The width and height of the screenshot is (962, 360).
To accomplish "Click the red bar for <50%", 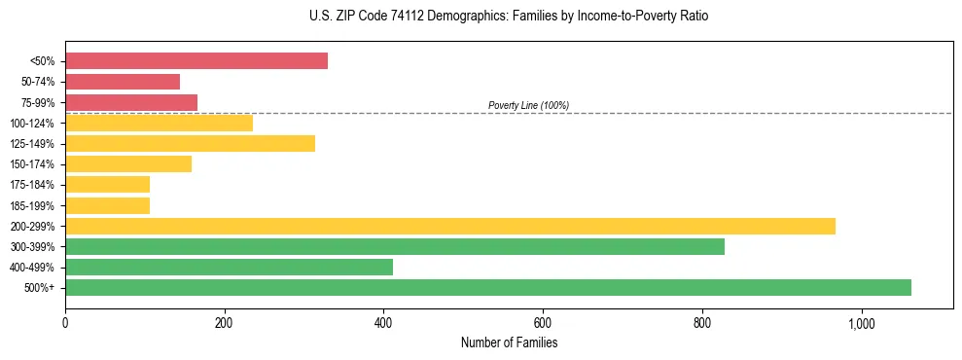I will [x=196, y=61].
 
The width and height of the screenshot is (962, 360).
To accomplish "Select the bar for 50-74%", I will [x=123, y=82].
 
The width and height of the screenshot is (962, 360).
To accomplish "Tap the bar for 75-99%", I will [x=131, y=102].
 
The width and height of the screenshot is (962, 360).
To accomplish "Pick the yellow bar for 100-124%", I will [x=159, y=123].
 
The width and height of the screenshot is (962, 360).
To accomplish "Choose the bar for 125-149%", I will [x=190, y=144].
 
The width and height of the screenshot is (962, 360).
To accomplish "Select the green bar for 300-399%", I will [x=394, y=247].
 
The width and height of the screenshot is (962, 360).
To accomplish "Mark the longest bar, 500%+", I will [x=487, y=287].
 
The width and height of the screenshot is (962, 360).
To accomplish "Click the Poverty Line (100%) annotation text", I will [x=528, y=105].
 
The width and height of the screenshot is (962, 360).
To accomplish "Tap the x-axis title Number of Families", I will [x=509, y=342].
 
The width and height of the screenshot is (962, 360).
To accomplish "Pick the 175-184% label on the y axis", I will [x=33, y=185].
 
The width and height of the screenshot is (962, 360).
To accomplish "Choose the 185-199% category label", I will [x=33, y=206].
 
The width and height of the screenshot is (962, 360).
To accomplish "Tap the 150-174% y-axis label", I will [x=33, y=164].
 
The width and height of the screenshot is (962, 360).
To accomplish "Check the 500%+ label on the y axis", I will [x=40, y=288].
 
